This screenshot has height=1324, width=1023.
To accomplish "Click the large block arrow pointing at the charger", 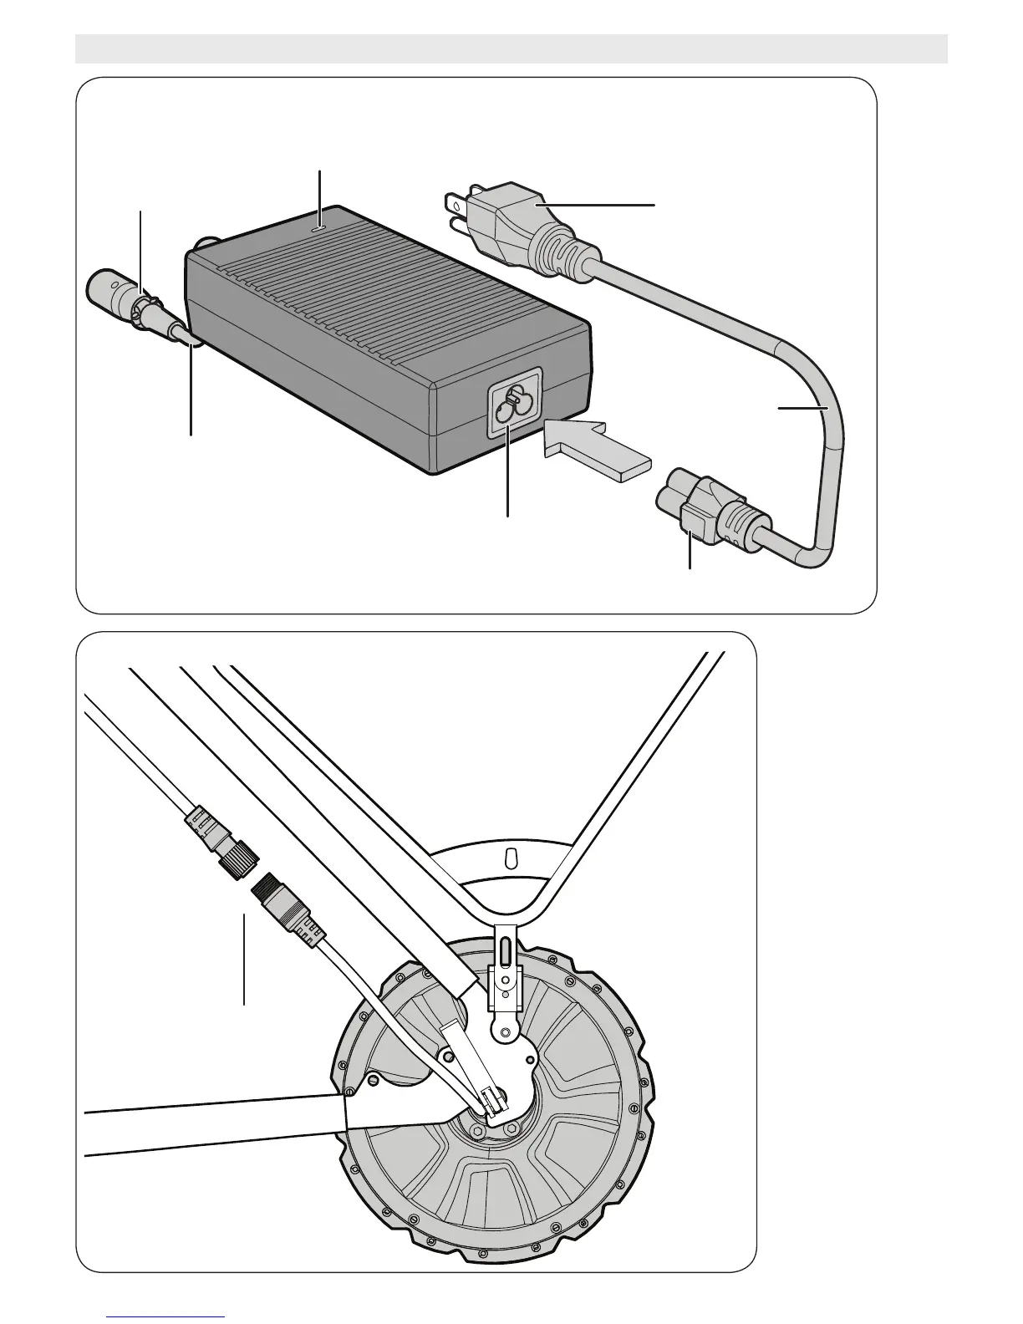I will (593, 451).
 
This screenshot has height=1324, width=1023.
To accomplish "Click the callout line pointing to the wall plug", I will (618, 204).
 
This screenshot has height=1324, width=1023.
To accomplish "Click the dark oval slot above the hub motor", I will (504, 950).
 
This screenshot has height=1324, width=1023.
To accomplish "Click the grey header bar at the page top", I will (511, 48).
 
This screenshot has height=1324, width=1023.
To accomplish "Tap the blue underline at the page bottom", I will (166, 1317).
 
